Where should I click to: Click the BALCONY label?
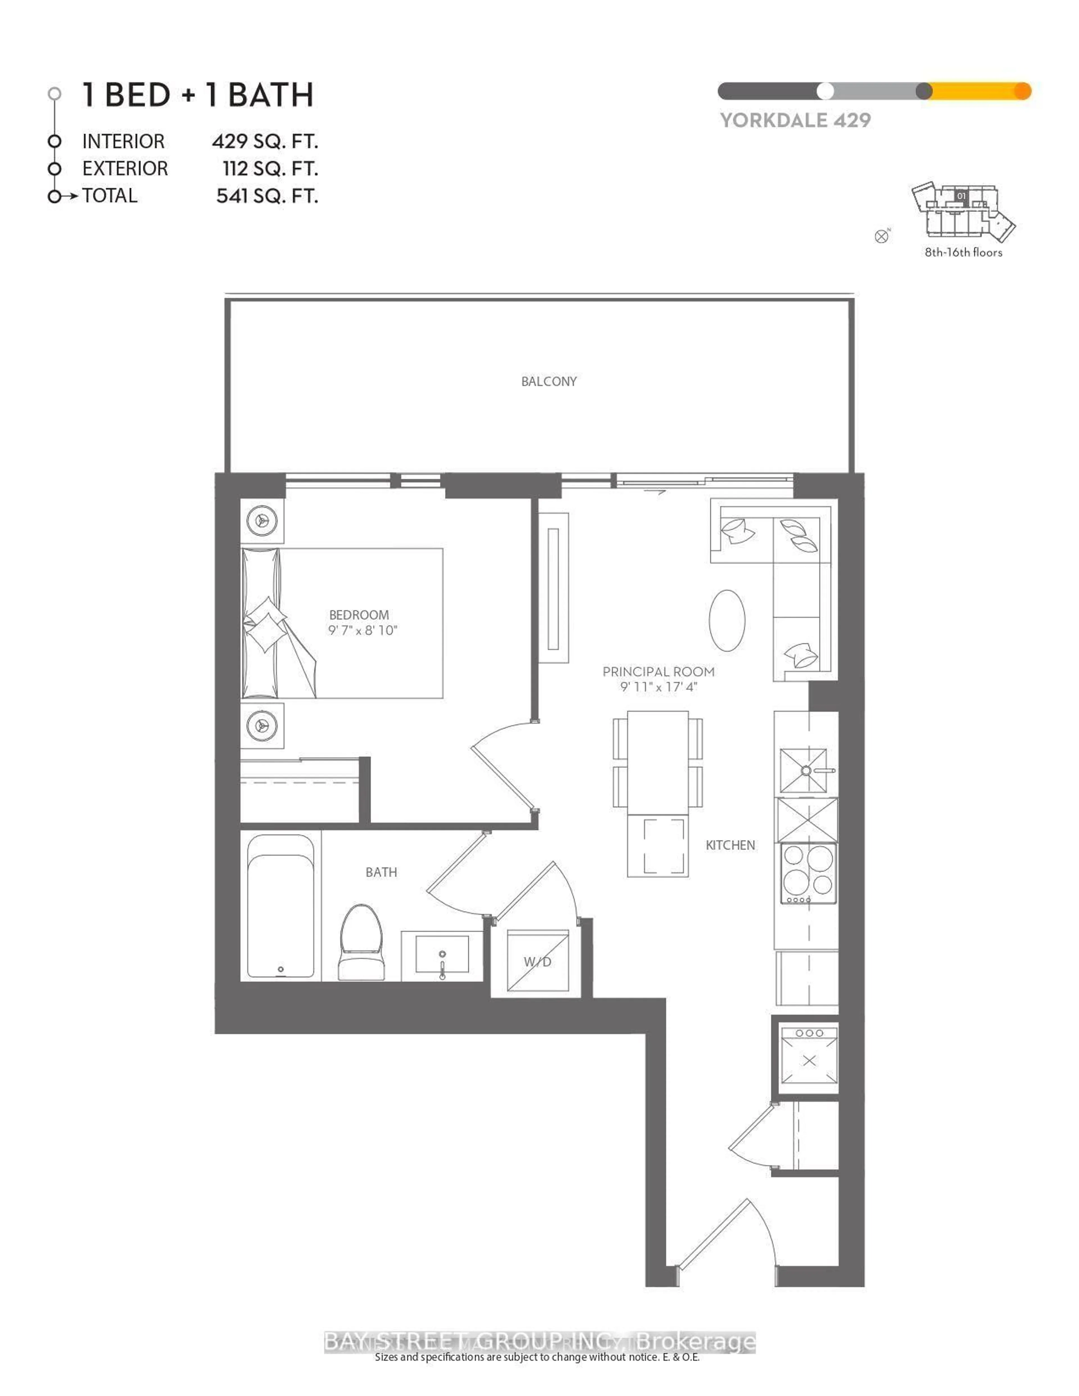click(x=548, y=382)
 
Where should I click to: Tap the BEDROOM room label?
click(x=359, y=615)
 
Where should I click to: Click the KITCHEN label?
click(x=730, y=845)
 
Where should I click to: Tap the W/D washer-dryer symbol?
click(x=537, y=961)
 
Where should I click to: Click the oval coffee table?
click(x=727, y=620)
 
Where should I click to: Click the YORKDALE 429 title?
click(x=795, y=120)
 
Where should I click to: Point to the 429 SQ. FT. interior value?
click(x=265, y=141)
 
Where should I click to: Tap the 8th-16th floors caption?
click(x=963, y=253)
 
